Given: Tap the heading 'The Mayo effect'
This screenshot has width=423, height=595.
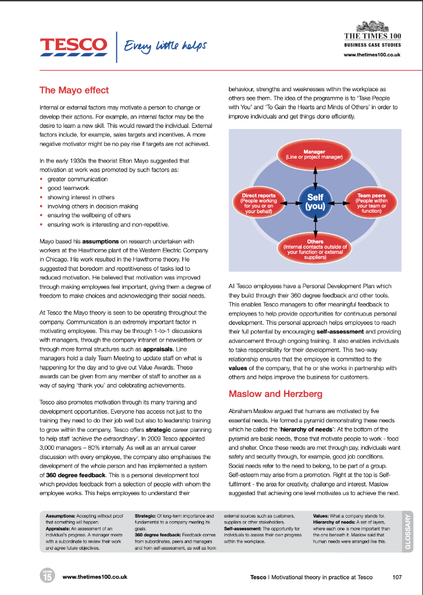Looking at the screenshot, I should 74,90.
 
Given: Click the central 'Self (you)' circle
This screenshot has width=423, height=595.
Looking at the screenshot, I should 315,202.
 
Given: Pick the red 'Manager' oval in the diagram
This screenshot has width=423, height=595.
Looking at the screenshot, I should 314,154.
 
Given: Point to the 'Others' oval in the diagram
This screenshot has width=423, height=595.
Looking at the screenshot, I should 315,249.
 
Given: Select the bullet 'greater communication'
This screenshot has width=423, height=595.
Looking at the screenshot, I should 77,180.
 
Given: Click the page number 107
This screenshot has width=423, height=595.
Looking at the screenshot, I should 397,577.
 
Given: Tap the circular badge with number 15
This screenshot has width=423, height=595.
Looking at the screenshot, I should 47,576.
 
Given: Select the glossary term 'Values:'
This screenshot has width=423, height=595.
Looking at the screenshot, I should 324,516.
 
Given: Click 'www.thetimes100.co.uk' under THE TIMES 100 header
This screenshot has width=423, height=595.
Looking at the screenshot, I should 372,54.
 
